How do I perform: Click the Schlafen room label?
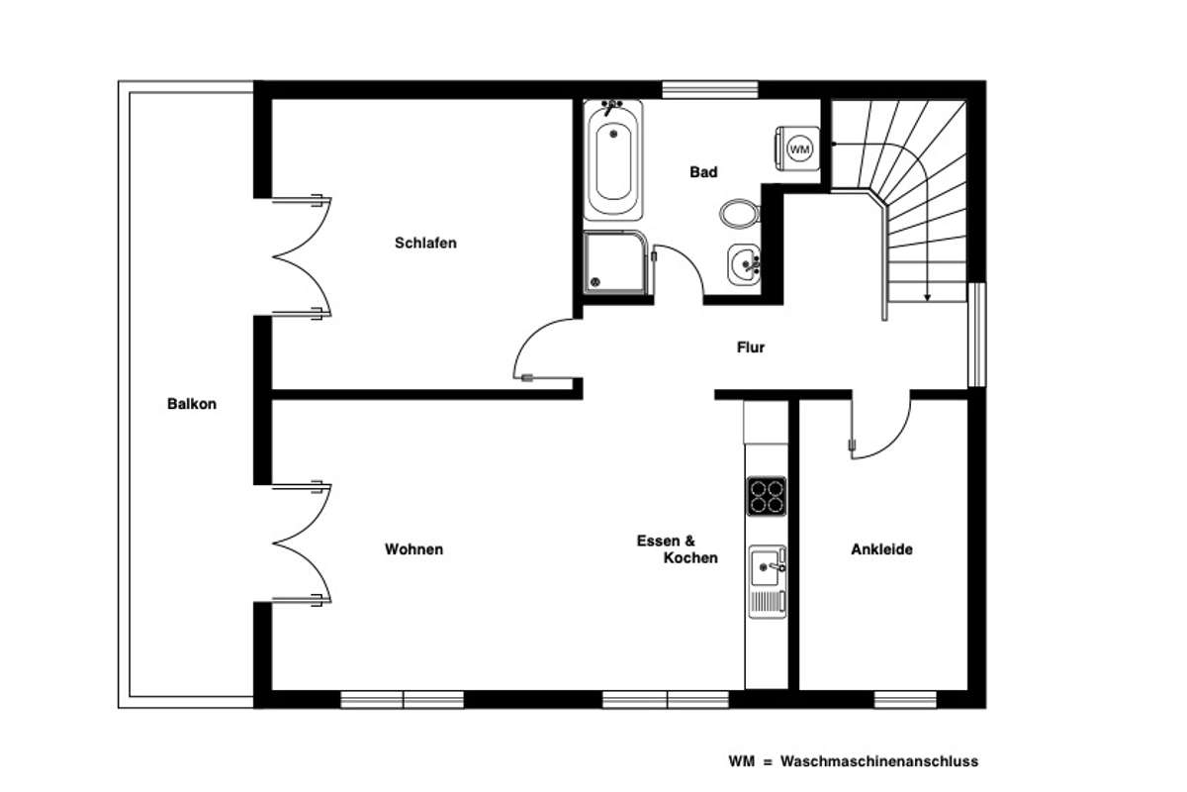pyautogui.click(x=425, y=243)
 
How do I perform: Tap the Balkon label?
pyautogui.click(x=192, y=404)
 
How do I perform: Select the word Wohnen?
pyautogui.click(x=413, y=549)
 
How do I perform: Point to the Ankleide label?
pyautogui.click(x=881, y=549)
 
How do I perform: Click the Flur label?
pyautogui.click(x=751, y=347)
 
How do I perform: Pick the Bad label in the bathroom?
pyautogui.click(x=703, y=172)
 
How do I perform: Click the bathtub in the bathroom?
pyautogui.click(x=613, y=160)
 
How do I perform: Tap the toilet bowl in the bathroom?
pyautogui.click(x=740, y=214)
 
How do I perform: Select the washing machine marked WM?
pyautogui.click(x=798, y=148)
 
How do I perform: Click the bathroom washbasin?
pyautogui.click(x=745, y=264)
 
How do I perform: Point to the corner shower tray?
pyautogui.click(x=615, y=262)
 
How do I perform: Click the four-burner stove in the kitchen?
pyautogui.click(x=767, y=496)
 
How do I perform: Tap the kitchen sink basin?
pyautogui.click(x=765, y=567)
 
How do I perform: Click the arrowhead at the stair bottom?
pyautogui.click(x=927, y=298)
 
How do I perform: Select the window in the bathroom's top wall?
pyautogui.click(x=710, y=90)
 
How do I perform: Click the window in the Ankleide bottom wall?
pyautogui.click(x=905, y=699)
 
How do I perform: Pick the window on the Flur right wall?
pyautogui.click(x=977, y=335)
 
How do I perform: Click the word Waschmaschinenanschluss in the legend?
pyautogui.click(x=879, y=761)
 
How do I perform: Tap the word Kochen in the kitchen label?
pyautogui.click(x=690, y=557)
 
